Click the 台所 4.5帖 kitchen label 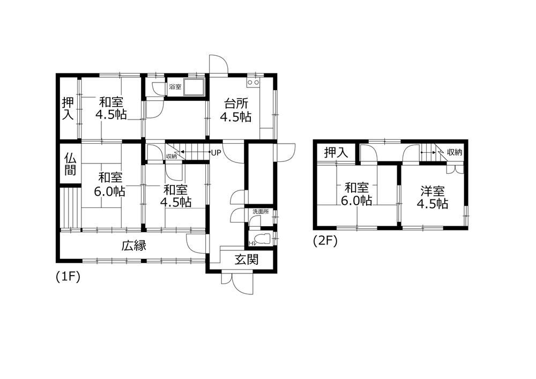pyautogui.click(x=235, y=110)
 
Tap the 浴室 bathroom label pyautogui.click(x=175, y=87)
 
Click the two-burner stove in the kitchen pyautogui.click(x=254, y=83)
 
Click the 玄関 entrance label pyautogui.click(x=246, y=260)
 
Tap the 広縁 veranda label pyautogui.click(x=134, y=246)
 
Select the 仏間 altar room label pyautogui.click(x=70, y=164)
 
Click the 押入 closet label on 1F pyautogui.click(x=68, y=109)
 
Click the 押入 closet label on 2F pyautogui.click(x=336, y=152)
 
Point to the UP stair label pyautogui.click(x=216, y=153)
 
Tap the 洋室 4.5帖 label pyautogui.click(x=432, y=197)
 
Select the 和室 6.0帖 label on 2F pyautogui.click(x=356, y=194)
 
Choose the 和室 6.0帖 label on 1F pyautogui.click(x=109, y=184)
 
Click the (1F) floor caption pyautogui.click(x=68, y=277)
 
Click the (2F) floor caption pyautogui.click(x=325, y=241)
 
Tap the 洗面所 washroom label pyautogui.click(x=261, y=212)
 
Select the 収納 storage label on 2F pyautogui.click(x=455, y=152)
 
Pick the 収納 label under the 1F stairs pyautogui.click(x=172, y=157)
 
